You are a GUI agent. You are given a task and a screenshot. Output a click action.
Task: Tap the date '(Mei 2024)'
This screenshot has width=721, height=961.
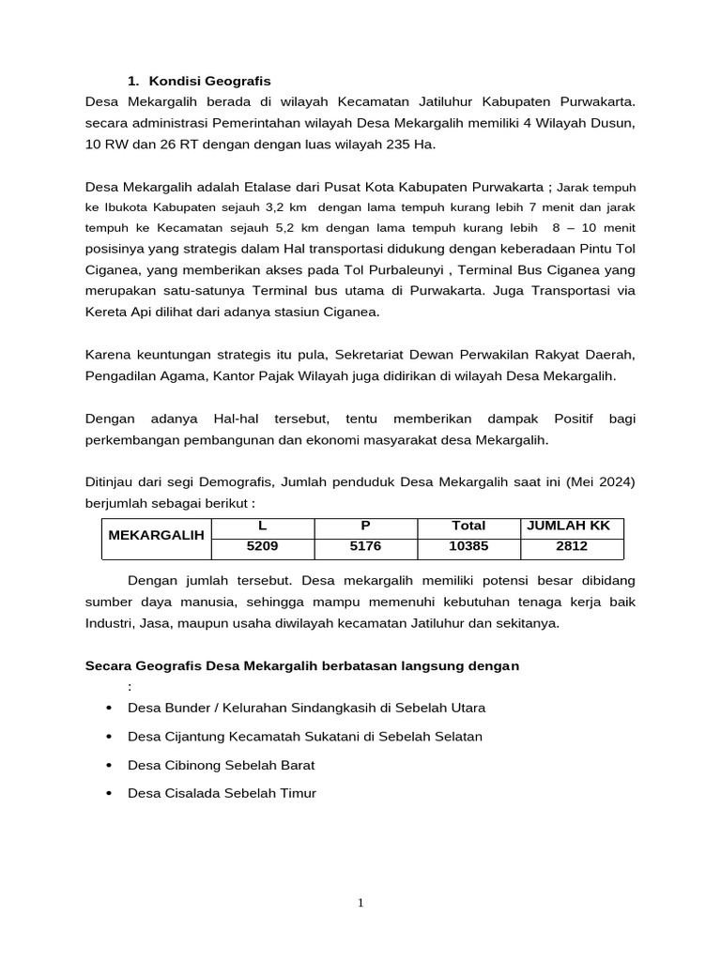click(x=602, y=481)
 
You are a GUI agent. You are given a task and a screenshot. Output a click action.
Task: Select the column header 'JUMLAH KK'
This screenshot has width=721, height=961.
click(x=572, y=526)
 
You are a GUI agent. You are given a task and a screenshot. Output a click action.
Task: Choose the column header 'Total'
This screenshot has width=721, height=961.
click(x=468, y=526)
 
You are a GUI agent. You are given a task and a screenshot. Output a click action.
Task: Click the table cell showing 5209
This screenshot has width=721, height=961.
click(x=262, y=544)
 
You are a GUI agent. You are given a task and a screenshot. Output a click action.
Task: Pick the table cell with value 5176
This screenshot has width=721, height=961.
click(x=365, y=544)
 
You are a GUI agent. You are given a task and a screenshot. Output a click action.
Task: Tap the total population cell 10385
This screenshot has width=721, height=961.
click(x=468, y=544)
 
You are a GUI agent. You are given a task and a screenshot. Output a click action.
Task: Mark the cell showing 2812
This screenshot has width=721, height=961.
click(x=572, y=544)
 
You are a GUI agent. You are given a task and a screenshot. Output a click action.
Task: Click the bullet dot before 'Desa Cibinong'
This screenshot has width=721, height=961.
click(x=111, y=765)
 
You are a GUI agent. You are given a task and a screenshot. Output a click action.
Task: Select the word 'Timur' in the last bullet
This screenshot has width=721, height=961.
click(x=298, y=793)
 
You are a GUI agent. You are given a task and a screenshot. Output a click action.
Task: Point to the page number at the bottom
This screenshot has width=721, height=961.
click(x=360, y=903)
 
